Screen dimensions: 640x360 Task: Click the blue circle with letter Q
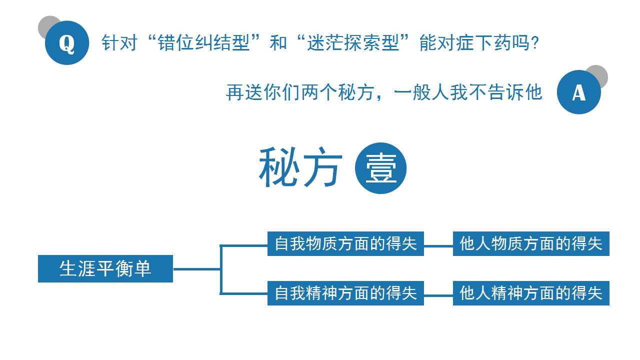67,43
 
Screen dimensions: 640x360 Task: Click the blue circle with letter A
578,92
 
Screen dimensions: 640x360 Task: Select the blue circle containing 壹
380,168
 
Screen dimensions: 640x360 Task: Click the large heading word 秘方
300,167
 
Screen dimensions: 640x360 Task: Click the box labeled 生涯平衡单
105,268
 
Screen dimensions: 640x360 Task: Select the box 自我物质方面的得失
345,243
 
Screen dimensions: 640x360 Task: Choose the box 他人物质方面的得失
531,243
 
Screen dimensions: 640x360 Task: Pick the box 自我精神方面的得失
345,293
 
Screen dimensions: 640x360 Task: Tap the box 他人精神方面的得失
531,293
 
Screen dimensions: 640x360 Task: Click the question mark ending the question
535,43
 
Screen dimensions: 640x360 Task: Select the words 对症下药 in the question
474,43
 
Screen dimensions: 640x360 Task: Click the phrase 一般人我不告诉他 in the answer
467,92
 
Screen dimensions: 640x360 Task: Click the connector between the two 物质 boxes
438,245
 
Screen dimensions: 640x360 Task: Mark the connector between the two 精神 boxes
438,295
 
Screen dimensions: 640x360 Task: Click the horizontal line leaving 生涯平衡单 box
197,269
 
